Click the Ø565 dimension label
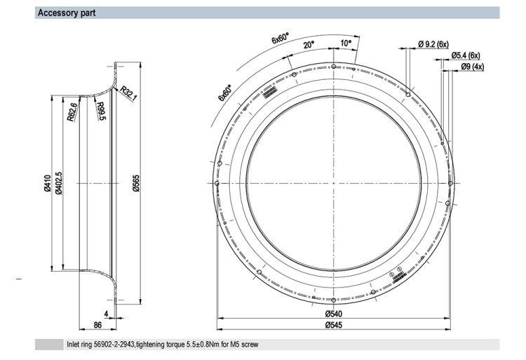(x=136, y=183)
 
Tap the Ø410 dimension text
(x=47, y=183)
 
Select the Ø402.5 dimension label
(x=59, y=183)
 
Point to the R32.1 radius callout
(x=128, y=93)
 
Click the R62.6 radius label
(x=72, y=112)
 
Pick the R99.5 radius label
(x=101, y=111)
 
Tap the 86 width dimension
(x=97, y=325)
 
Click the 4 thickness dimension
(x=107, y=314)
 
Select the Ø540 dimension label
(x=333, y=314)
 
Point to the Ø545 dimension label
(x=333, y=325)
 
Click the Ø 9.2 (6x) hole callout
(x=433, y=44)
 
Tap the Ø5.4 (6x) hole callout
(x=466, y=55)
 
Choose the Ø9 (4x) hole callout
(x=472, y=67)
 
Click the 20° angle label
(x=309, y=45)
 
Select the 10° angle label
(x=346, y=43)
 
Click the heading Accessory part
(x=67, y=13)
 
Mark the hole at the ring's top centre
(x=333, y=67)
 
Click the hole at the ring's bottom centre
(x=333, y=300)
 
